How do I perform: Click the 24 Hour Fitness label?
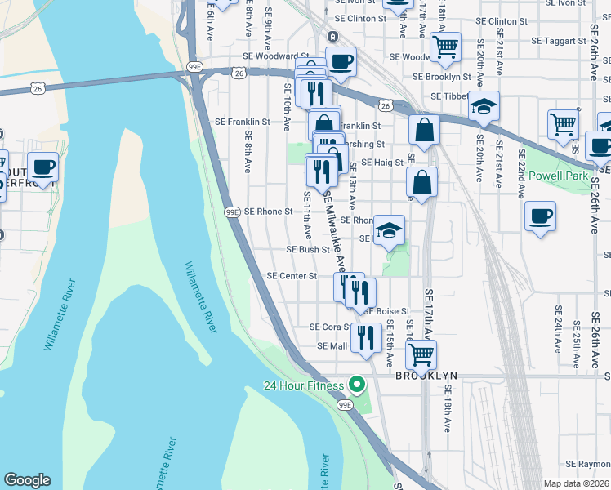coord(304,385)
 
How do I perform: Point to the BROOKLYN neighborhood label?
coord(426,376)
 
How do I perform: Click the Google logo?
coord(26,480)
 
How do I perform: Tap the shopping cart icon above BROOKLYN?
coord(421,354)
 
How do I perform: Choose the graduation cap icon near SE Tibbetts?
coord(484,106)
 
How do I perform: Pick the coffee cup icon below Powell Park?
coord(540,216)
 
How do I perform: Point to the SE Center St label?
coord(292,276)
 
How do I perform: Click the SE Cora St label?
coord(330,327)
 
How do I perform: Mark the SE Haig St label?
coord(382,163)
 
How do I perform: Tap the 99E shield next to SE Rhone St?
coord(232,212)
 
